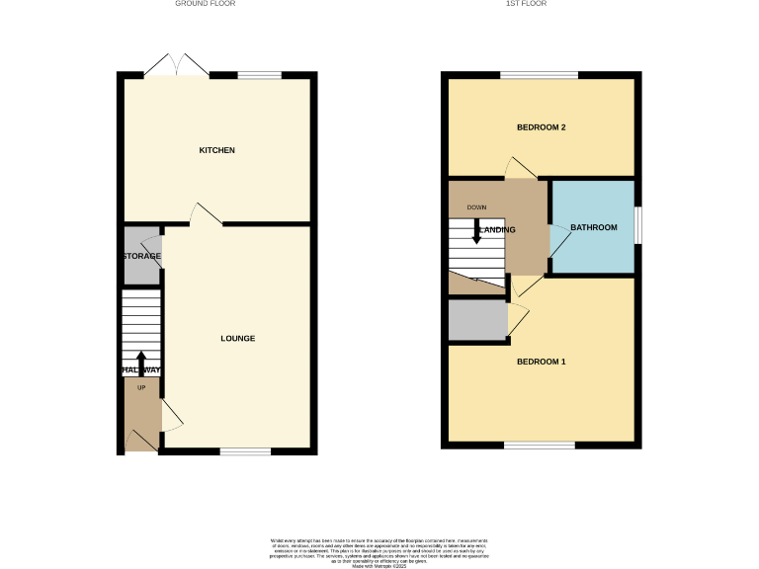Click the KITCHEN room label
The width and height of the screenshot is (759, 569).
click(x=217, y=150)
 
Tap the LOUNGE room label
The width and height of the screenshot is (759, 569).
click(x=237, y=339)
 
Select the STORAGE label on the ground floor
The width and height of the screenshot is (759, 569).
click(x=141, y=256)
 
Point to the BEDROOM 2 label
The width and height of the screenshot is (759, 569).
click(x=540, y=127)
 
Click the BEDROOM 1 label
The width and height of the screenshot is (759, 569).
click(x=541, y=362)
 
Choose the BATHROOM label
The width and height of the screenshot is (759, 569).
click(x=593, y=228)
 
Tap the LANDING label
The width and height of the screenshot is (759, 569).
click(x=497, y=230)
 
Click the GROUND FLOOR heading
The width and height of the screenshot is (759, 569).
click(x=206, y=4)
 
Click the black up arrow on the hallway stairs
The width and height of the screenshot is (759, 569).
click(x=140, y=361)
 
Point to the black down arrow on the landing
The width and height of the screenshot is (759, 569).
click(x=476, y=233)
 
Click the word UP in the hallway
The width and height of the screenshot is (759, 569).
click(x=140, y=387)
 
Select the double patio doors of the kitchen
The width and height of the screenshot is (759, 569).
click(x=175, y=66)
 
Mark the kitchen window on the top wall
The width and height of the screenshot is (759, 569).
click(x=259, y=75)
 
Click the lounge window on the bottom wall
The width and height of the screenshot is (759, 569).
click(x=245, y=451)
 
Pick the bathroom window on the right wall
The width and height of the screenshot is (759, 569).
click(x=637, y=224)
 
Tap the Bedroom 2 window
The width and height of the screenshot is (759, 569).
click(x=539, y=75)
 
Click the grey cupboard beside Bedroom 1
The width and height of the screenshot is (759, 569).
click(x=476, y=320)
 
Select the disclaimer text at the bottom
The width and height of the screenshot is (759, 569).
click(x=379, y=550)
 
